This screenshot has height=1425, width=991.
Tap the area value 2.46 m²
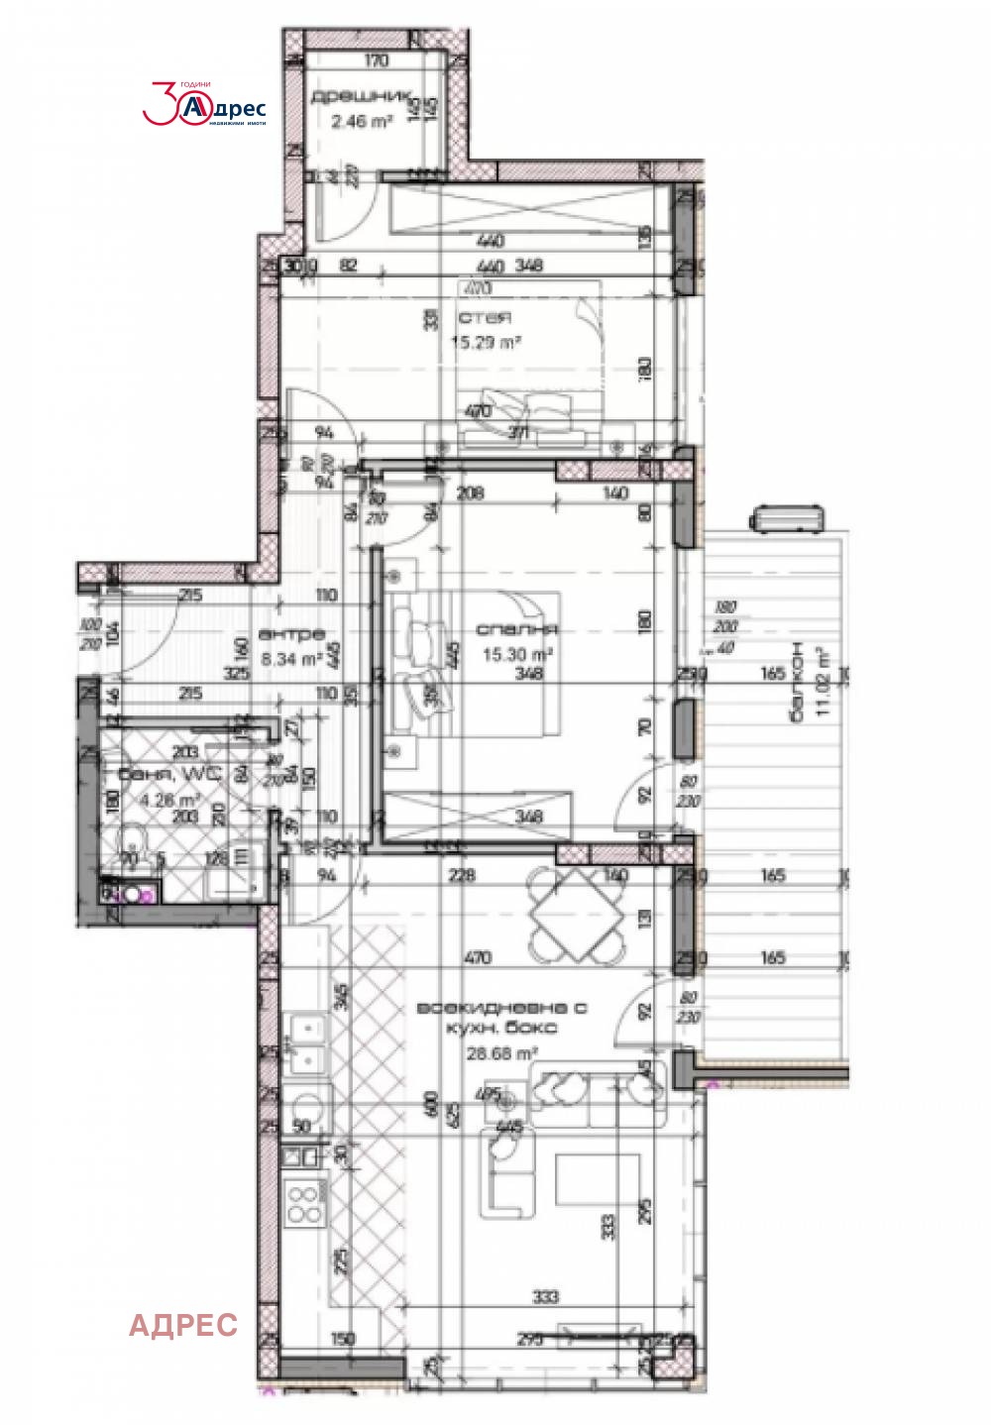(x=362, y=122)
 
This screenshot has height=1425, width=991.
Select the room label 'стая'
(x=485, y=318)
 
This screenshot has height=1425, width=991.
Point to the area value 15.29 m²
(x=486, y=343)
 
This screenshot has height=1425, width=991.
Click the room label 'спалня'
(x=517, y=629)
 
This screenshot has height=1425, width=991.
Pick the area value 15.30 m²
(x=517, y=654)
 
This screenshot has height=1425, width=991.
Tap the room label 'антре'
(x=291, y=634)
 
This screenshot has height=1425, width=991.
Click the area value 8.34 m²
(x=291, y=658)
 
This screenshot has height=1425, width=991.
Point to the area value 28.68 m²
(x=501, y=1053)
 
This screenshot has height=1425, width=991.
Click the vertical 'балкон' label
(x=797, y=682)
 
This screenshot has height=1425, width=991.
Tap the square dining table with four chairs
(x=577, y=916)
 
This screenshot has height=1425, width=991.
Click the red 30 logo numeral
(x=163, y=104)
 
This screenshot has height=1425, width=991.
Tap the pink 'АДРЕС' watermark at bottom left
(x=183, y=1325)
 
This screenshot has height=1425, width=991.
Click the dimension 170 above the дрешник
(x=377, y=61)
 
